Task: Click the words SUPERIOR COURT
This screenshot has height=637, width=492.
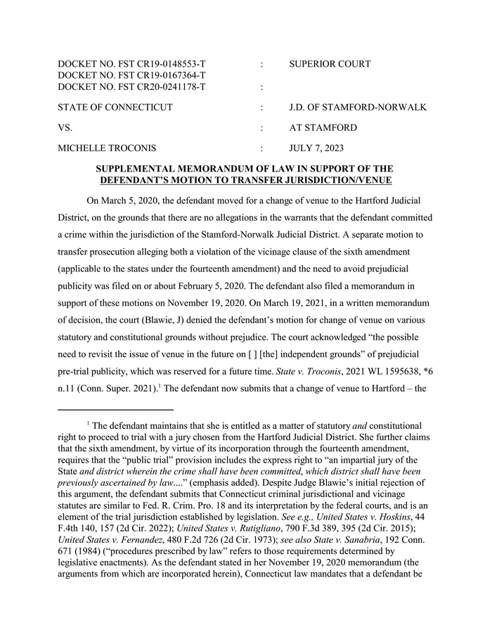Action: [x=330, y=64]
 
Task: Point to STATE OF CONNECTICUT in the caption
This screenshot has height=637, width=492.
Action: [x=115, y=108]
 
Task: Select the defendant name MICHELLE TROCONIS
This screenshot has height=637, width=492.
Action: [x=107, y=148]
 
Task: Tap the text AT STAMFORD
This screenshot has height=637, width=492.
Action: [x=323, y=128]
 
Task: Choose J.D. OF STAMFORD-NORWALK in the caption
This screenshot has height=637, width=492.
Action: [x=358, y=108]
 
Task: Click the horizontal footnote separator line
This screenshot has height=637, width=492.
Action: [x=115, y=409]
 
